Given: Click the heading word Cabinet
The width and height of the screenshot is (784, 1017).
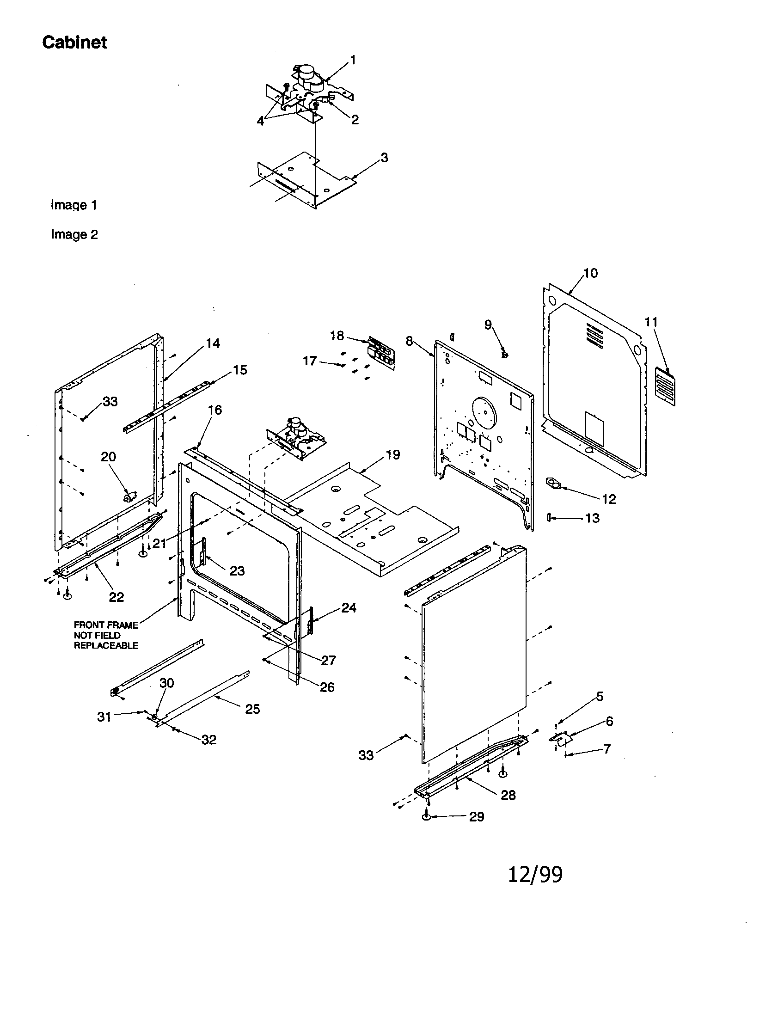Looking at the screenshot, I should [x=74, y=43].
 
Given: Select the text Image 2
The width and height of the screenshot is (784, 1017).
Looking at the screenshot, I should [x=74, y=234].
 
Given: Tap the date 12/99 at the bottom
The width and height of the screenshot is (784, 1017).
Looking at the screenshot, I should [x=535, y=875].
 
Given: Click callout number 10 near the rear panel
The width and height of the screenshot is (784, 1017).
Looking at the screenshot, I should [x=590, y=273].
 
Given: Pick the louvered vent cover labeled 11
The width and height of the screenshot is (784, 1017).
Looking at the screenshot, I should [x=665, y=386].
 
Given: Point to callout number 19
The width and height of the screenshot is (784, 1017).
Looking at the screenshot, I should [x=393, y=455].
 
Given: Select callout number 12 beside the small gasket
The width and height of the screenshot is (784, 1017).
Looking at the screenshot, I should [x=608, y=499].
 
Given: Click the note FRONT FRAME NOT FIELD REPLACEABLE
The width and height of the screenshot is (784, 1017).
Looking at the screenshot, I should [x=106, y=635].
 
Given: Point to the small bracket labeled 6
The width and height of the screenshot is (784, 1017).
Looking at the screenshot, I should [x=561, y=738].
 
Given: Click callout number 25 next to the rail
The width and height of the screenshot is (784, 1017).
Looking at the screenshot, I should [x=252, y=709].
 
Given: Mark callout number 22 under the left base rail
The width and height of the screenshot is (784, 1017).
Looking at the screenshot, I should [x=116, y=597].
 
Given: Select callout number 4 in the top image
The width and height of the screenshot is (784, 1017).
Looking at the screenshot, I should [x=260, y=121].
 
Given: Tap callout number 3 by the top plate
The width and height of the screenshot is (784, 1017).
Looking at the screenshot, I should [x=384, y=158].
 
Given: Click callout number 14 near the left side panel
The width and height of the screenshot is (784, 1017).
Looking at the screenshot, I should [x=213, y=343].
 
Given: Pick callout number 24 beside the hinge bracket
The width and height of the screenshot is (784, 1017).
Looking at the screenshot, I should [x=349, y=608].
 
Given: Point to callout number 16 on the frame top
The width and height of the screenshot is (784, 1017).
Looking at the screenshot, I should [x=214, y=410].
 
